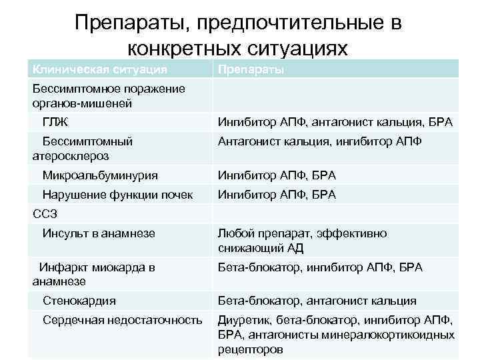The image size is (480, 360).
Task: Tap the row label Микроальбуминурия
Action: pos(100,176)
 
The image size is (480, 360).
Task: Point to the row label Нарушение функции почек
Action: pos(117,195)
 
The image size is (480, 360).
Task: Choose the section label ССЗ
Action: pos(45,214)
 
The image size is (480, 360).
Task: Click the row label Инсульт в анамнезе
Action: pos(99,233)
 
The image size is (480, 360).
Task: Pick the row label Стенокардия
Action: pos(79,301)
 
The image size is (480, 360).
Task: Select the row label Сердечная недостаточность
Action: pos(122,320)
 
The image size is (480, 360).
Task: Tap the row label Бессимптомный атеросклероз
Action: pos(82,149)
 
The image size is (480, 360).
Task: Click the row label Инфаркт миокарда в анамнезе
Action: pos(93,274)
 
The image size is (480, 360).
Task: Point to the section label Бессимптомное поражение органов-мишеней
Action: pos(109,96)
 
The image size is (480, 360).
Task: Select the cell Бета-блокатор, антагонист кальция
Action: pos(317,301)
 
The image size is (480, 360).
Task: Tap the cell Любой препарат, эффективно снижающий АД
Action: pos(301,241)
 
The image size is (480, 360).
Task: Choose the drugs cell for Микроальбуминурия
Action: pos(277,176)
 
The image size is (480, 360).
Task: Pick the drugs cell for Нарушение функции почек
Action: pos(277,195)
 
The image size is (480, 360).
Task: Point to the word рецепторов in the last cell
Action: pos(250,349)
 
